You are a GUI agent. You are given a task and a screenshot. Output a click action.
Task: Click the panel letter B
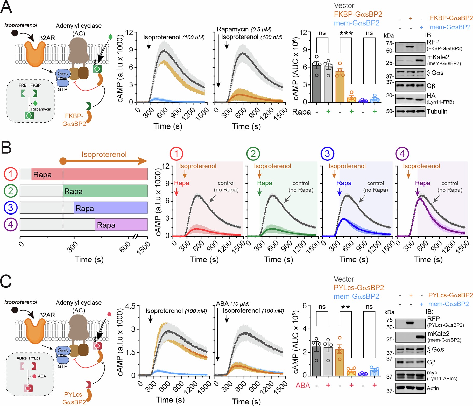6,147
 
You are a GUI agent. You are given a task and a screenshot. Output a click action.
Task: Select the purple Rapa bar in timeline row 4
121,225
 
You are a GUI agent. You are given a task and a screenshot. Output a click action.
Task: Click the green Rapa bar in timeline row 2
105,191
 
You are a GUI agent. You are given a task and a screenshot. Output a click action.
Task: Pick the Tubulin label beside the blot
437,112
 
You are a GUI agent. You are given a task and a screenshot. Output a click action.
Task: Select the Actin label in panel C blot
433,388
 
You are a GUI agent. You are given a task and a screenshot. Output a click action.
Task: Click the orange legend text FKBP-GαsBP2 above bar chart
358,14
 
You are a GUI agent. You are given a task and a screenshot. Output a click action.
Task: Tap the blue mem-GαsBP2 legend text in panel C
356,296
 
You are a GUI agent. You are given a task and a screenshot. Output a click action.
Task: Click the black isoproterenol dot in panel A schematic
15,33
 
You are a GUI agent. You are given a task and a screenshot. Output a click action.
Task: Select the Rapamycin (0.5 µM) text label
244,29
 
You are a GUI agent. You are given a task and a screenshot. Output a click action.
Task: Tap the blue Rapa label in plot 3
344,183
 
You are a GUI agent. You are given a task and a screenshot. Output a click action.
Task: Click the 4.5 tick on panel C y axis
130,306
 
